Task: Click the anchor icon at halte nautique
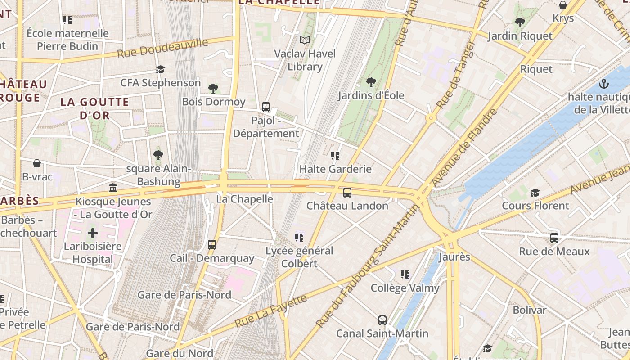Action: coord(604,84)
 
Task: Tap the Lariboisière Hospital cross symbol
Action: coord(93,233)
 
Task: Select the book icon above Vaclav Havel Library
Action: coord(305,40)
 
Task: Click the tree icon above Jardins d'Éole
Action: coord(371,82)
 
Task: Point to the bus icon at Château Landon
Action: coord(347,193)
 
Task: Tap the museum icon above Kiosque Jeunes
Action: coord(113,188)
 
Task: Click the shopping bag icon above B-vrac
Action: coord(37,163)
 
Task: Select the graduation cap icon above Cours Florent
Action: coord(535,193)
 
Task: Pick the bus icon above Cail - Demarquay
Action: coord(212,245)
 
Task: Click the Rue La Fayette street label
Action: coord(271,311)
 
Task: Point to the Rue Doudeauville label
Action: coord(163,48)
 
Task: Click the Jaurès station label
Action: coord(454,257)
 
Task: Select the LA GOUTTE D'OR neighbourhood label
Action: coord(94,108)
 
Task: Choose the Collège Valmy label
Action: coord(405,288)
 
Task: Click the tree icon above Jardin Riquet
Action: coord(520,22)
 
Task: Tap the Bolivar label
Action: coord(530,310)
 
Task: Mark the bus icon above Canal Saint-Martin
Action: coord(382,320)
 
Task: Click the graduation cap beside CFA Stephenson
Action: coord(160,69)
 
